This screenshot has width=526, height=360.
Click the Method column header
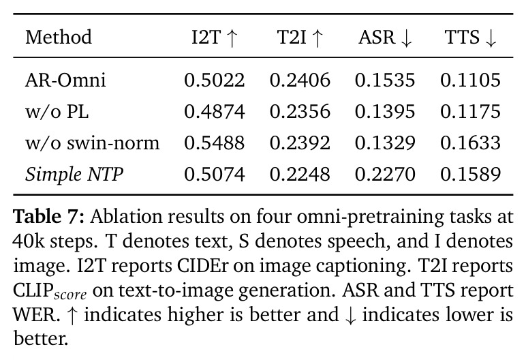pos(59,37)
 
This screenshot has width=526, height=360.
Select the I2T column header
pos(215,37)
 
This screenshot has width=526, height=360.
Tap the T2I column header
pos(300,37)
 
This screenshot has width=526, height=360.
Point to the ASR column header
pos(385,37)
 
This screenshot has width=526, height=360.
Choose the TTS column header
pos(470,37)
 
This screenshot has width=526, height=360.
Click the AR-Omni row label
pos(65,80)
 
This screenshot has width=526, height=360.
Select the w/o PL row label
pos(57,112)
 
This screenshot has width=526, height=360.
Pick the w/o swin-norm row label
pos(92,143)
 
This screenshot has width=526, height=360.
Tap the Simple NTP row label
pos(74,175)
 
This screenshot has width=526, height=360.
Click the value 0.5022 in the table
pos(215,80)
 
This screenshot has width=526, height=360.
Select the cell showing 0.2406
pos(300,80)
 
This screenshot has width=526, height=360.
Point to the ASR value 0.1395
pos(385,112)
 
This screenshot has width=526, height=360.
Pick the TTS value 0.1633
pos(470,143)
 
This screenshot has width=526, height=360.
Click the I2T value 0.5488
pos(215,143)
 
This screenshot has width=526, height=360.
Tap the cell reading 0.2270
pos(385,175)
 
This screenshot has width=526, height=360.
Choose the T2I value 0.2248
pos(300,175)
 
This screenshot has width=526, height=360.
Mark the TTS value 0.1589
pos(470,175)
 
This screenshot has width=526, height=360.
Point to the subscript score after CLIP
pos(70,295)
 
